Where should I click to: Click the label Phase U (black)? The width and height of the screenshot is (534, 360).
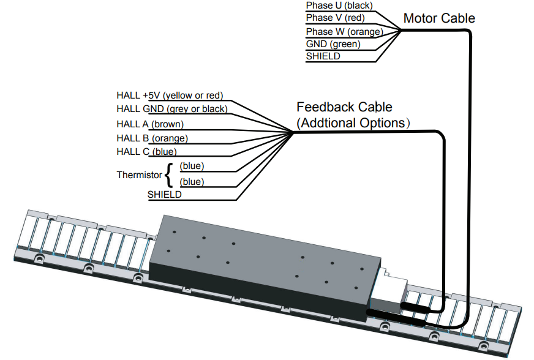coord(339,6)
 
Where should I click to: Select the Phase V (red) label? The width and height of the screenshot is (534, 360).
coord(335,18)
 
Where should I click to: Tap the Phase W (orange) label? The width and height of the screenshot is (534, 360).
coord(344,32)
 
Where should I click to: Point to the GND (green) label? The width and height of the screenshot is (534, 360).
coord(333,44)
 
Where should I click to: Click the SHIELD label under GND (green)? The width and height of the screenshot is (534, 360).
coord(323,56)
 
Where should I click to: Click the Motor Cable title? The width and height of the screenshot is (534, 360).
coord(439,18)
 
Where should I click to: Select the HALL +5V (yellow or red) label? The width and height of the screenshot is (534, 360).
coord(170,96)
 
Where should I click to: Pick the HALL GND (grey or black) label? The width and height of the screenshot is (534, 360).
coord(171,109)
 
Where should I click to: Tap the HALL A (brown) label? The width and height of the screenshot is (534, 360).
coord(150,124)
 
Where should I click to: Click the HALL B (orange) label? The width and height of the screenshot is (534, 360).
coord(152,138)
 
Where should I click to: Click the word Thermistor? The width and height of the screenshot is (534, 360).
coord(139,175)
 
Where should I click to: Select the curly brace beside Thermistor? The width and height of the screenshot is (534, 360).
coord(168,174)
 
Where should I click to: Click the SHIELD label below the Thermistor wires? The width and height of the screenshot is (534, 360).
coord(164,195)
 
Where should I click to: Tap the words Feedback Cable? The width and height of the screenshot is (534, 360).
coord(344,108)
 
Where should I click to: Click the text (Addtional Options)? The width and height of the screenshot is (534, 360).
coord(353,122)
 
